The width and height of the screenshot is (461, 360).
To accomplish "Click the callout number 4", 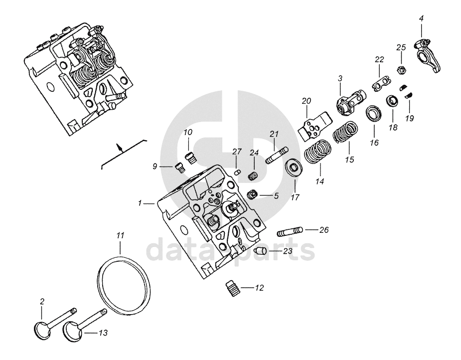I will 421,18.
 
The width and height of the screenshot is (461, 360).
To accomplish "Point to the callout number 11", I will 120,235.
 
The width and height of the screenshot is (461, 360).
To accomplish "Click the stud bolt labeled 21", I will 276,155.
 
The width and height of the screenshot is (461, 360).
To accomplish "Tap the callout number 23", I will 288,251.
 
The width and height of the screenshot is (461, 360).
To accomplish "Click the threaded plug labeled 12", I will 230,288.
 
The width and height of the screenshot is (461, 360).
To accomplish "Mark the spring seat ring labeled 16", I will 373,113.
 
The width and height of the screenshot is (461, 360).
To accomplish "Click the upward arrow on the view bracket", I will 119,148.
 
